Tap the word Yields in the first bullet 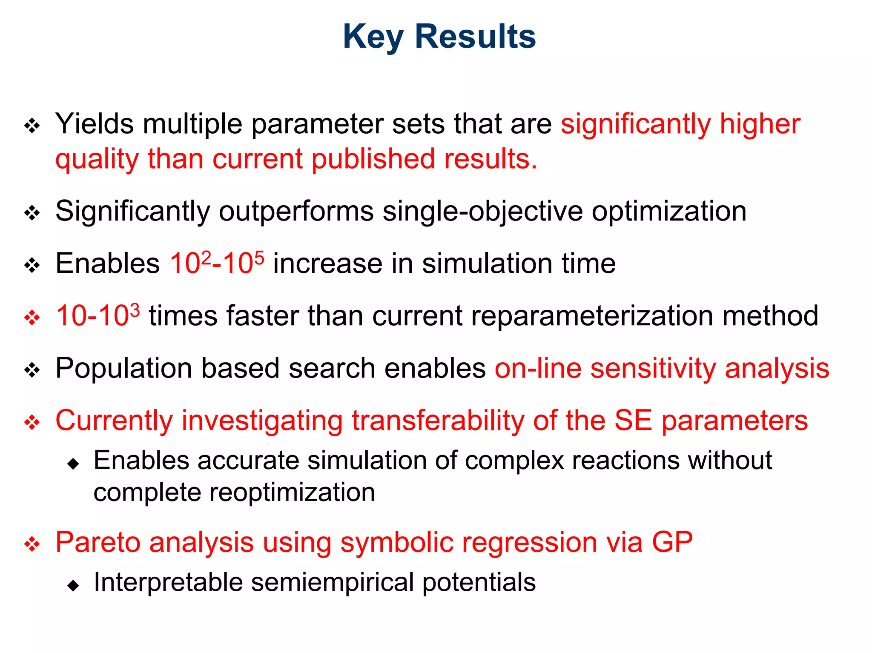tap(95, 124)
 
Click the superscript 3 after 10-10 tap(135, 309)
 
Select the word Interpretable tap(168, 582)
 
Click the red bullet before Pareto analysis tap(32, 544)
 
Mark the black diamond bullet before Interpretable tap(73, 586)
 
